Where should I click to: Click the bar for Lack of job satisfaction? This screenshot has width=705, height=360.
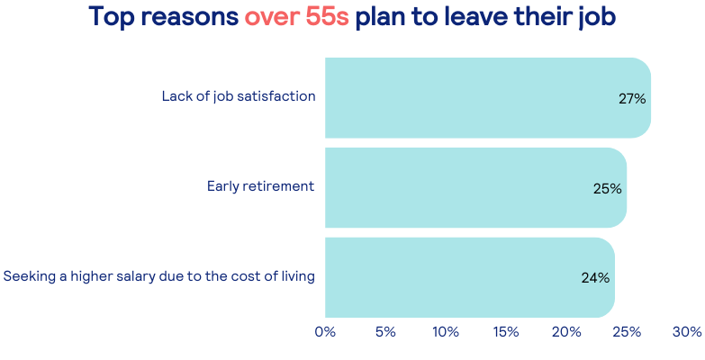[x=488, y=97]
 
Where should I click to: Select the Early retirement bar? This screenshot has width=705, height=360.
[x=475, y=187]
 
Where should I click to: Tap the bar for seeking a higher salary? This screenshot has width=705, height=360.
[x=470, y=277]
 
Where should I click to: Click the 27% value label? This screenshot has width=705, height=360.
[x=632, y=98]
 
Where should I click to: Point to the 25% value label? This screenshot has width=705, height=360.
[x=608, y=188]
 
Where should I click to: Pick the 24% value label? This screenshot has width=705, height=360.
[x=596, y=278]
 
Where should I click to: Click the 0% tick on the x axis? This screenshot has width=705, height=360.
[x=325, y=332]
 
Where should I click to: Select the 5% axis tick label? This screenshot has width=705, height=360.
[x=385, y=332]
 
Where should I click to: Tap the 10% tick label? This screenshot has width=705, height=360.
[x=446, y=332]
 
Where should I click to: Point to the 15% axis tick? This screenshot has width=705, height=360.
[x=506, y=332]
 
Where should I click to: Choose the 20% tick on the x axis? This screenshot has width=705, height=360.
[x=566, y=332]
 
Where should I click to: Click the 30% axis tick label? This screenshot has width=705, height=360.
[x=687, y=332]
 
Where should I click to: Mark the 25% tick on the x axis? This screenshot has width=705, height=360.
[x=627, y=332]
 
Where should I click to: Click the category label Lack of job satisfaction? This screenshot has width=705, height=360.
[x=239, y=96]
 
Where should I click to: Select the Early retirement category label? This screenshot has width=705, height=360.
[x=261, y=186]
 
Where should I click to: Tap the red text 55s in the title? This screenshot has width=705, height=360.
[x=328, y=16]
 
